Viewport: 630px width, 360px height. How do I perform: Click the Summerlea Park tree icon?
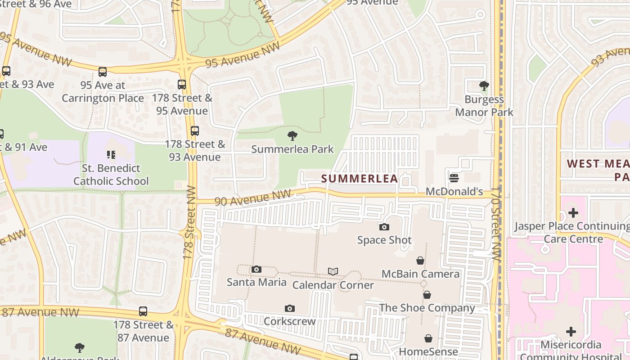pos(292,135)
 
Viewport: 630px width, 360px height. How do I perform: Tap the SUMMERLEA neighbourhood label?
pos(360,179)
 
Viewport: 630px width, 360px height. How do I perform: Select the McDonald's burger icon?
pos(454,178)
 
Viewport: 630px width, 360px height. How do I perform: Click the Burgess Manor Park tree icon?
pos(484,85)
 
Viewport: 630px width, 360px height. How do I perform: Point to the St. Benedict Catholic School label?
pos(111,175)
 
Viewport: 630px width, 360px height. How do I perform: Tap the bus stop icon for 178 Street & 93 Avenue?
pos(194,131)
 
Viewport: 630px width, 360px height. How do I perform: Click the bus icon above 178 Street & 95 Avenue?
pos(182,84)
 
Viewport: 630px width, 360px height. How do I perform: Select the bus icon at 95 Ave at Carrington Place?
pos(103,72)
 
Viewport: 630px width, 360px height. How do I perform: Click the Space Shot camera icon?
pos(384,227)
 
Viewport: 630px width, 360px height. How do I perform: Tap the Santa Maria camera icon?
pos(256,269)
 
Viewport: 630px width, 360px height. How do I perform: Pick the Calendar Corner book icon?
pos(333,271)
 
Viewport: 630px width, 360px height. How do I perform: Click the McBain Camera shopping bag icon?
pos(420,261)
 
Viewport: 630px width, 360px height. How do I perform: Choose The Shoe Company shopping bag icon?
pos(427,295)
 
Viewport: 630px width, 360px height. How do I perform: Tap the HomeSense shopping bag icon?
pos(428,338)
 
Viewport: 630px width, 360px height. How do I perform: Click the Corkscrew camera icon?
pos(290,308)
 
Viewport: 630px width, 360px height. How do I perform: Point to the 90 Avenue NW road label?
pos(253,198)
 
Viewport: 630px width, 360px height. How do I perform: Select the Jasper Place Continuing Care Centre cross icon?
pos(573,212)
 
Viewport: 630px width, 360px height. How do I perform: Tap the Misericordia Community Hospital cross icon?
pos(571,332)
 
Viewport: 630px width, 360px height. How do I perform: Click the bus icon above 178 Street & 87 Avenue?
pos(143,311)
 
